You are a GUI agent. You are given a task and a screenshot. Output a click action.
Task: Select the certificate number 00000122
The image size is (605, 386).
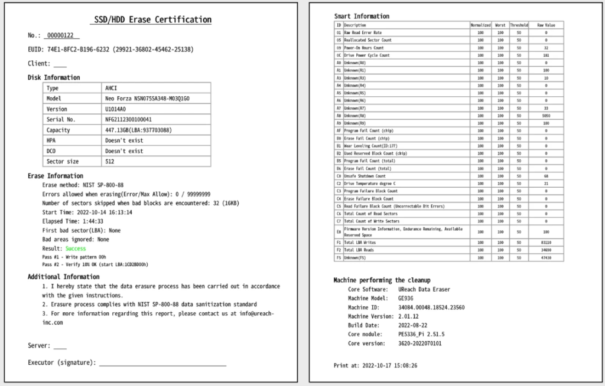pyautogui.click(x=61, y=35)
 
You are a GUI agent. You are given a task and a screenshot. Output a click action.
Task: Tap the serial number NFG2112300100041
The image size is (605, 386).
pyautogui.click(x=128, y=119)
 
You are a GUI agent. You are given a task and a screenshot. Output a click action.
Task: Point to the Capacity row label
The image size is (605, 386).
pyautogui.click(x=58, y=130)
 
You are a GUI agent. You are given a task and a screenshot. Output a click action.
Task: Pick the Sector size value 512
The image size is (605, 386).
pyautogui.click(x=110, y=161)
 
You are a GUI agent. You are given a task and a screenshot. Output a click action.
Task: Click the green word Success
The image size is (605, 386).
pyautogui.click(x=75, y=249)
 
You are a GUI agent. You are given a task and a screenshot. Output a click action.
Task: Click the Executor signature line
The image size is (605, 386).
pyautogui.click(x=162, y=362)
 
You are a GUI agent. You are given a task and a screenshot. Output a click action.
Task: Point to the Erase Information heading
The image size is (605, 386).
pyautogui.click(x=56, y=176)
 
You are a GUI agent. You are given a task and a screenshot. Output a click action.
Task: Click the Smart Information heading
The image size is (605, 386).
pyautogui.click(x=362, y=16)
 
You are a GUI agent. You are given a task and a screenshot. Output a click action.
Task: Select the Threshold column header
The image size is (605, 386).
pyautogui.click(x=519, y=25)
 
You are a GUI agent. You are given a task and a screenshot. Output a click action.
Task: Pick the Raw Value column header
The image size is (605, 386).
pyautogui.click(x=546, y=25)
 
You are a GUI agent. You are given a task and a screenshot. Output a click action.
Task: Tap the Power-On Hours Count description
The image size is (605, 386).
pyautogui.click(x=364, y=48)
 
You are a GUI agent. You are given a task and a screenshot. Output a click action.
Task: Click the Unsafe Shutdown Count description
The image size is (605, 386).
pyautogui.click(x=365, y=176)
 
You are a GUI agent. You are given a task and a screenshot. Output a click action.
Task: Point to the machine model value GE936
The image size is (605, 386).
pyautogui.click(x=406, y=298)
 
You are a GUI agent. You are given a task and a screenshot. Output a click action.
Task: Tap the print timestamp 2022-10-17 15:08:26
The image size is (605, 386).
pyautogui.click(x=389, y=365)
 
